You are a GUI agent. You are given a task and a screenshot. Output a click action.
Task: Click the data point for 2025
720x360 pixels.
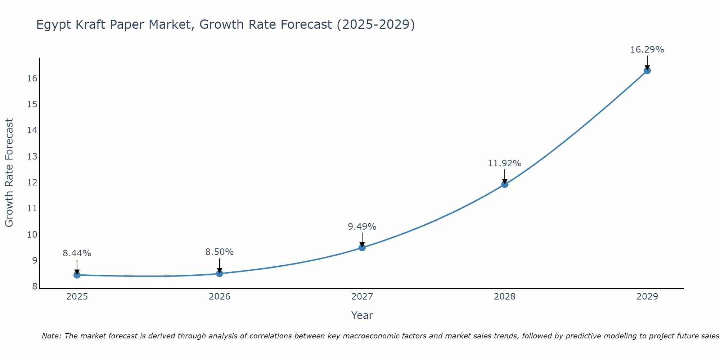(x=77, y=275)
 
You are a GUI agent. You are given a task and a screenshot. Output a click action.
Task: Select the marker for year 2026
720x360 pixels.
(x=220, y=274)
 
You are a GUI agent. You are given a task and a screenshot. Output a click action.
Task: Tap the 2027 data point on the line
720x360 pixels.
(x=362, y=248)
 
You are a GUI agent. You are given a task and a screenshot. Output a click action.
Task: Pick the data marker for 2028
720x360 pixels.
(x=505, y=185)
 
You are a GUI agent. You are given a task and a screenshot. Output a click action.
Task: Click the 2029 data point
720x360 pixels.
(x=647, y=71)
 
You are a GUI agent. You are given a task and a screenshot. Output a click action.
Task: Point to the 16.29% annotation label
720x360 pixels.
(x=647, y=50)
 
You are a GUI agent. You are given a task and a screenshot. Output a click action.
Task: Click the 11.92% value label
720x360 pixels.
(x=504, y=163)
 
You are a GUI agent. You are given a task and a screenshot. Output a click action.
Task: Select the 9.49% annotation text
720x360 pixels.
(x=362, y=227)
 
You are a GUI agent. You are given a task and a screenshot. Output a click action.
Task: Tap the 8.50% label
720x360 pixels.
(x=219, y=252)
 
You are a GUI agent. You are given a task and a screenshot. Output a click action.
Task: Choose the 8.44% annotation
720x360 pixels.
(x=77, y=253)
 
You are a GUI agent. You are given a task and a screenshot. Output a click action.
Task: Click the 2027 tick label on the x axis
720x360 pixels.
(x=362, y=297)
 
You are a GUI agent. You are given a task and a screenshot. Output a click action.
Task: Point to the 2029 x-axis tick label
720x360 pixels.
(x=647, y=297)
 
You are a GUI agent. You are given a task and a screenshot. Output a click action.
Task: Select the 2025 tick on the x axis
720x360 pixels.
(x=77, y=297)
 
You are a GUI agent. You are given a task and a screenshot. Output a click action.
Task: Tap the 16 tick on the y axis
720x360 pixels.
(x=32, y=78)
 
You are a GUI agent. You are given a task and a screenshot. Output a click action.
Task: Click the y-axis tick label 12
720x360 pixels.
(x=32, y=183)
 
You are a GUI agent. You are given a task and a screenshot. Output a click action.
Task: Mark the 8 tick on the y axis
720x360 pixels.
(x=35, y=287)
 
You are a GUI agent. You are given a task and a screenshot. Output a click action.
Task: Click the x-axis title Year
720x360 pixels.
(x=362, y=315)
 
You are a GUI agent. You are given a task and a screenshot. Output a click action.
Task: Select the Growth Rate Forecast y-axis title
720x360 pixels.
(x=9, y=172)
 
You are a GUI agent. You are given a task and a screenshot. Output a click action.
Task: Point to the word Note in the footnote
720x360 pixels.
(x=51, y=336)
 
